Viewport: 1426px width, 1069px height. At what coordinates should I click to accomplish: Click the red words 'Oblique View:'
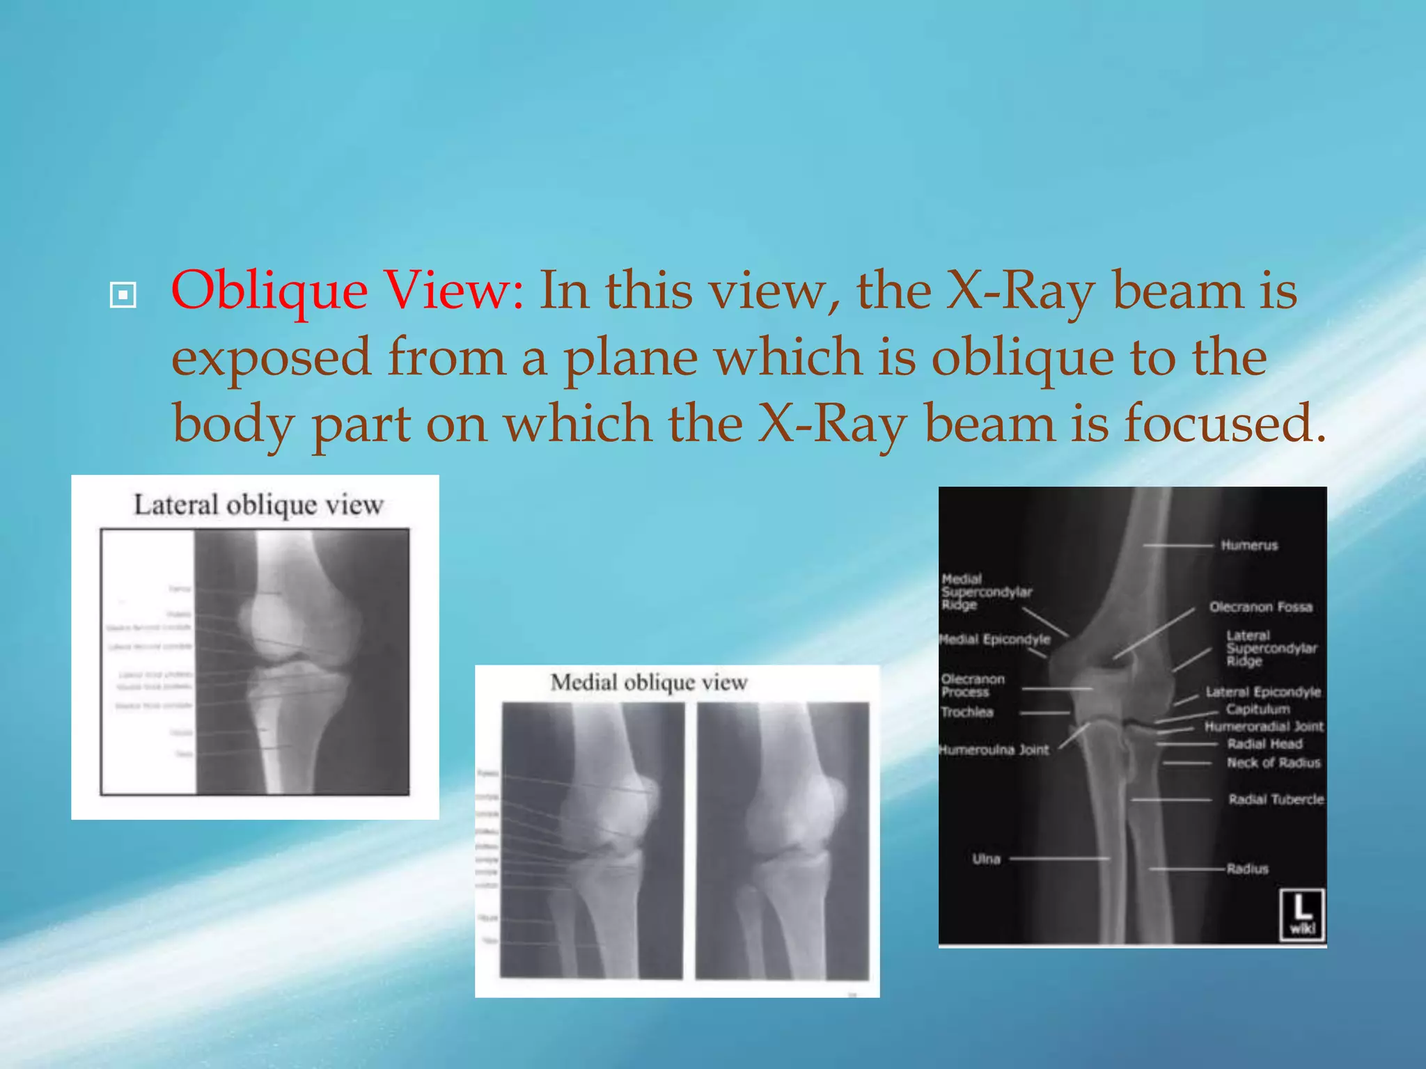[347, 291]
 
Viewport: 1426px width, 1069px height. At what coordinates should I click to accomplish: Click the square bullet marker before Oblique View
[123, 295]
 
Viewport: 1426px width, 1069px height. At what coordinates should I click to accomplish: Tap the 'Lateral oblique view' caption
[258, 505]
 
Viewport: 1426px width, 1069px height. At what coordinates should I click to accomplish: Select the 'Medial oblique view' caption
[649, 683]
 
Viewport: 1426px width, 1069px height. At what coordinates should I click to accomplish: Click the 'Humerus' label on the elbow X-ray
[1249, 546]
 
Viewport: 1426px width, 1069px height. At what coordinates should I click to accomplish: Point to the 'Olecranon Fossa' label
[1260, 607]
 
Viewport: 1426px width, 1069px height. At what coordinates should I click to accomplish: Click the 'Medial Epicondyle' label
[995, 640]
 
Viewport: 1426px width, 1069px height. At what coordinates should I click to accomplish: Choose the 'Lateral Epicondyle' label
[1263, 692]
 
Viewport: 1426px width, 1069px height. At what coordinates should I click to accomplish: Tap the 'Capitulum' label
[1257, 709]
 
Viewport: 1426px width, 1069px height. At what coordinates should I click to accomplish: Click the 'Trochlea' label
[967, 712]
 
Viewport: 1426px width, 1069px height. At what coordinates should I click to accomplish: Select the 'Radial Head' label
[1264, 744]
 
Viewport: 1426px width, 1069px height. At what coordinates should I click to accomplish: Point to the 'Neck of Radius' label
[1274, 763]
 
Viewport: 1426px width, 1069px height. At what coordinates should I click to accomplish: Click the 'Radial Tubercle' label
[1276, 800]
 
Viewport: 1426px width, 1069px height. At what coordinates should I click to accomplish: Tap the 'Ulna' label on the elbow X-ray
[986, 860]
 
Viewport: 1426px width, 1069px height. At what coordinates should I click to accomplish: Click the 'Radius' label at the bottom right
[1247, 869]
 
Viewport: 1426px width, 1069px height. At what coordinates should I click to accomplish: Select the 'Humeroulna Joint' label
[994, 750]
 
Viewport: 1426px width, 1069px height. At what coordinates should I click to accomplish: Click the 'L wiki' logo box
[1301, 914]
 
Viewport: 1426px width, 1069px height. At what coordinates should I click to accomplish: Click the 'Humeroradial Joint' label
[1264, 727]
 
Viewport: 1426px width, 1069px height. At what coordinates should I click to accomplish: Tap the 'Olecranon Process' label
[972, 686]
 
